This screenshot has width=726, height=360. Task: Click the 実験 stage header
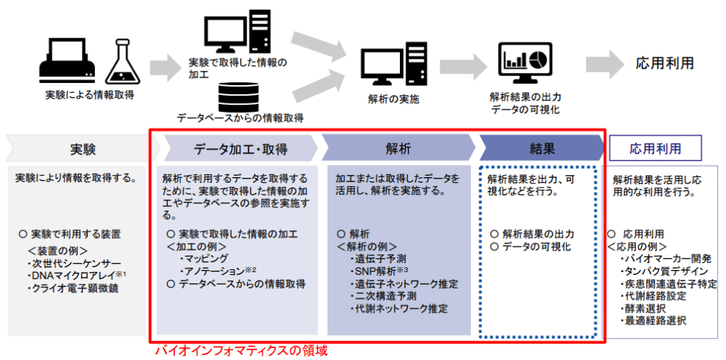click(83, 148)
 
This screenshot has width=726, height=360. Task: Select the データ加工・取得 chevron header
click(241, 148)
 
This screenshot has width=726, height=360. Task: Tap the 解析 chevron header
click(398, 148)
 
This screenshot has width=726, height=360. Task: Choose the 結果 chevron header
click(542, 148)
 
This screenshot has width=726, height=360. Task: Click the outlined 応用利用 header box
click(655, 148)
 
